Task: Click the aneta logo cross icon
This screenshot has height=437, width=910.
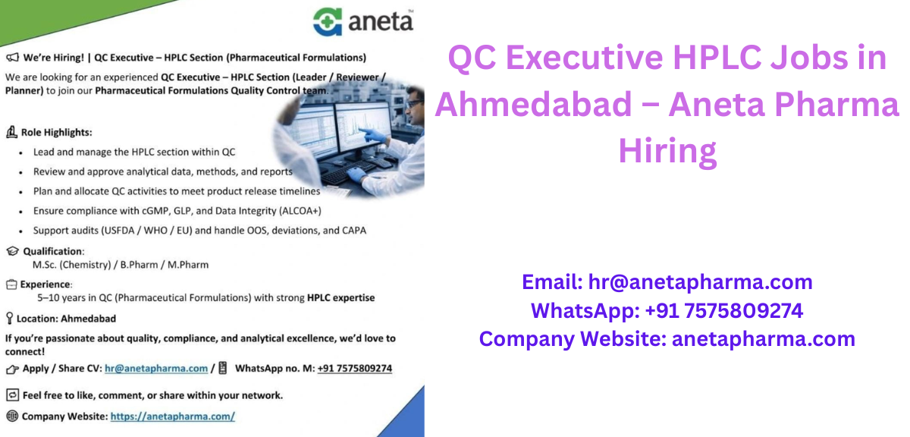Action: point(328,20)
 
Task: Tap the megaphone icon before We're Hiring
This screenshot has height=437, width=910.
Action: point(11,57)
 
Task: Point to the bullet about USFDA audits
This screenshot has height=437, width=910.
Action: point(199,230)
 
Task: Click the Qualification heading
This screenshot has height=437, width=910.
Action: point(53,251)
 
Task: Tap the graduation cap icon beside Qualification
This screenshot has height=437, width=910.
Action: point(11,251)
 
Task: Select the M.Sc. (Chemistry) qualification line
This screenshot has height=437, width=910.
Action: point(120,265)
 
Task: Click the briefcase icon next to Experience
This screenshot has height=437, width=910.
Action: point(11,285)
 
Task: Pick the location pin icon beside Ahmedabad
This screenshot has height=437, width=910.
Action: point(9,319)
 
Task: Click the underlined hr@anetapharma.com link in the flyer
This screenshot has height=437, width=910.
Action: point(156,369)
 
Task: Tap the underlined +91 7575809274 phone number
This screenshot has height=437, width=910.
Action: point(354,369)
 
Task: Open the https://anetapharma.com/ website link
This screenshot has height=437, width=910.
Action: point(173,417)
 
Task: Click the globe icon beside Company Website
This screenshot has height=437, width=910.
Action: point(11,417)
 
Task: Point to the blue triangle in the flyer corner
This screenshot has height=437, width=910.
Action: point(406,416)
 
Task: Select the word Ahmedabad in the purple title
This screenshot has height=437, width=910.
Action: point(532,104)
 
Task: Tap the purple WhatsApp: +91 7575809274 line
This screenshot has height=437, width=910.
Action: point(667,310)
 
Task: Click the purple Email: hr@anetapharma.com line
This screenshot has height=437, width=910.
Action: point(667,282)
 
